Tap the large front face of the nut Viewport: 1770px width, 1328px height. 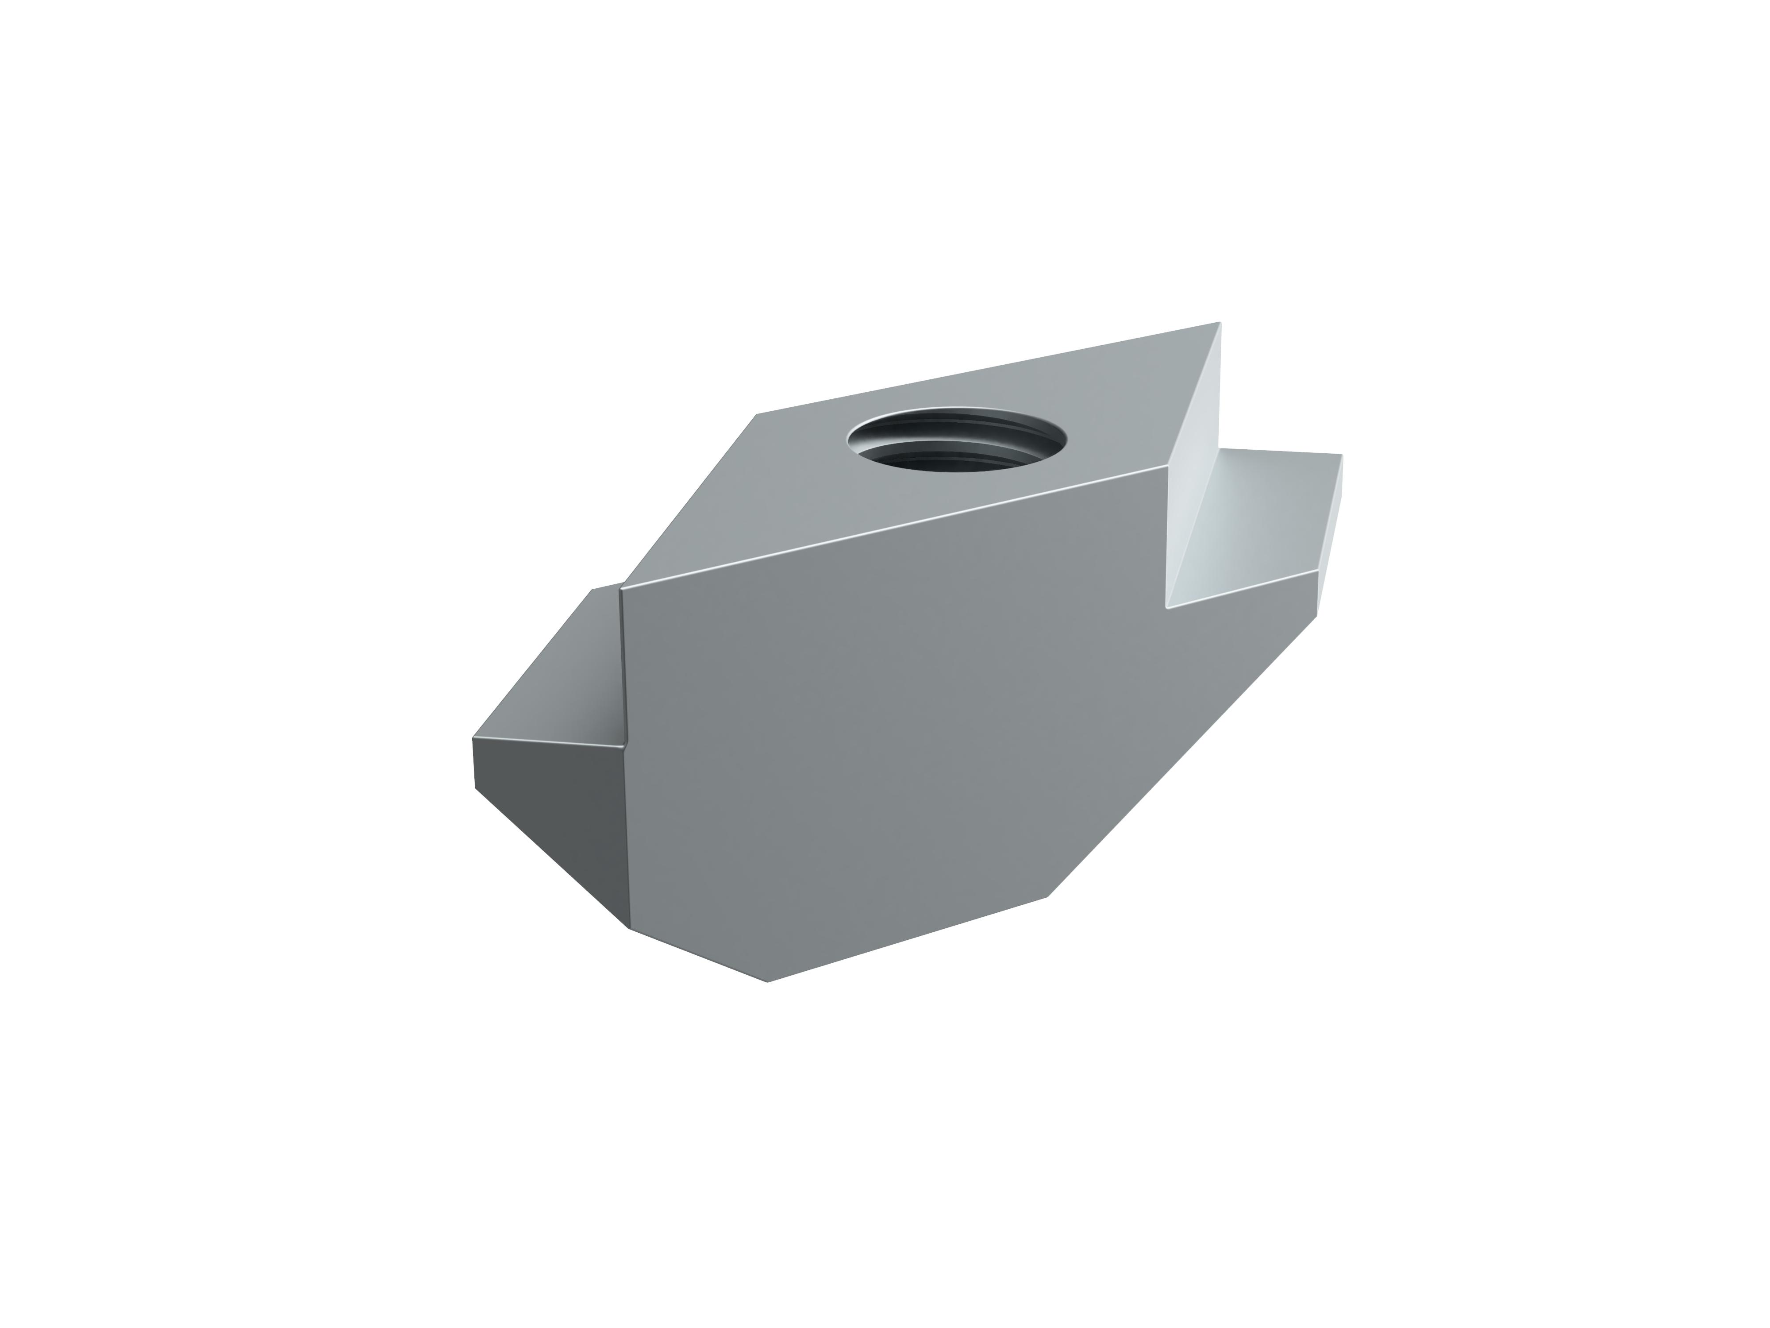point(880,720)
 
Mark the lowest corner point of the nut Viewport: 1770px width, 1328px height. point(768,982)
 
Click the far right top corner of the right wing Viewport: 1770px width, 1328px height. point(1342,455)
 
